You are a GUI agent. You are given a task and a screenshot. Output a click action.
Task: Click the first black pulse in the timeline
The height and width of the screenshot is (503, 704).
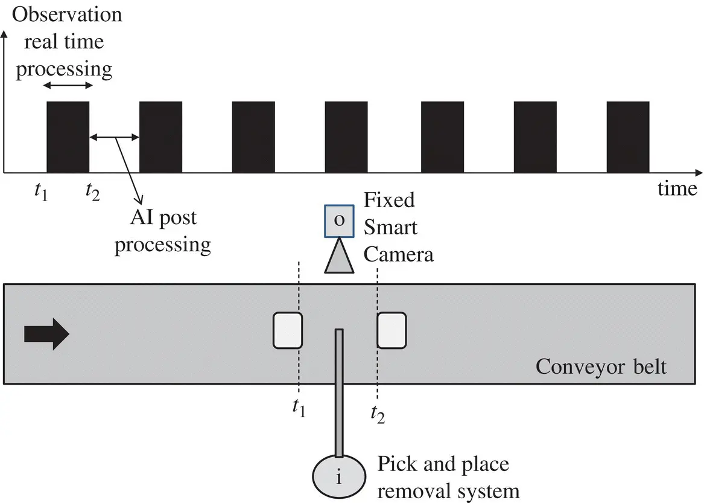pos(68,136)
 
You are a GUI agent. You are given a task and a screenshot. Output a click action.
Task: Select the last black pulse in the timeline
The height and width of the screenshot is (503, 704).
pos(627,136)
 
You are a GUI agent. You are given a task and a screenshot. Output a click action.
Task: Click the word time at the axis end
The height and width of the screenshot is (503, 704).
pos(677,188)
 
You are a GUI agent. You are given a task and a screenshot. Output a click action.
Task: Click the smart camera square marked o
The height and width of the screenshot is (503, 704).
pos(340,221)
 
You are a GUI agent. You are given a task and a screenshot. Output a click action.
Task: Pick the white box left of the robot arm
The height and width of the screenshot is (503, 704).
pos(287,330)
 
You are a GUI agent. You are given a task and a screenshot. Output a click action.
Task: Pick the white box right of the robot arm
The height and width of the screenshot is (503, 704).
pos(392,330)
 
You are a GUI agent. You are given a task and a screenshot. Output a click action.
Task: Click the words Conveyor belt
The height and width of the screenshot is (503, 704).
pos(601,367)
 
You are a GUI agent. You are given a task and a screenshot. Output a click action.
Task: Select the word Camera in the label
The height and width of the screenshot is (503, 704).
pos(398,254)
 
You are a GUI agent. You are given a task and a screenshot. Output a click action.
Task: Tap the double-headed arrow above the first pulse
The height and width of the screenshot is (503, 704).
pos(68,87)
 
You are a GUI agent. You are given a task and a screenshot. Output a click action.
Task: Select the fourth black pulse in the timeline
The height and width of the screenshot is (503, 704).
pos(346,136)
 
